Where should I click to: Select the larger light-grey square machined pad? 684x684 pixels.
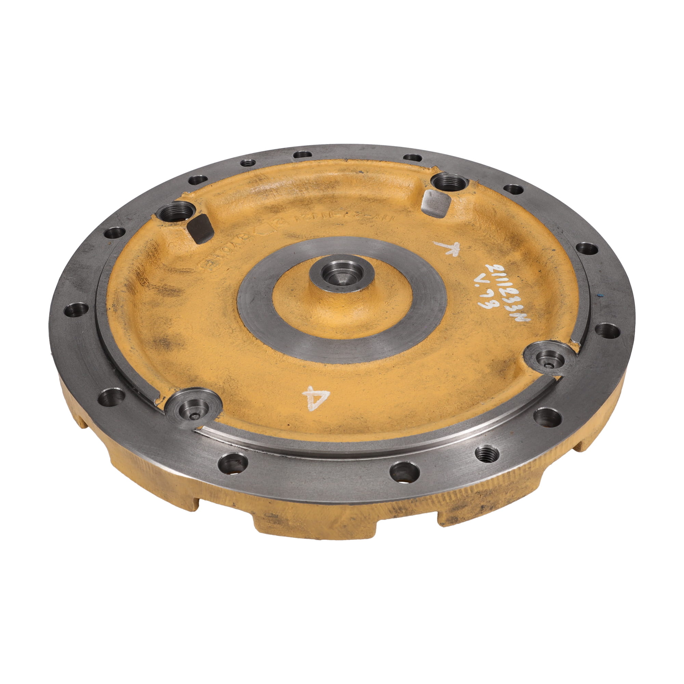437,202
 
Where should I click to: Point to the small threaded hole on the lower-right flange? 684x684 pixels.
487,453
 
